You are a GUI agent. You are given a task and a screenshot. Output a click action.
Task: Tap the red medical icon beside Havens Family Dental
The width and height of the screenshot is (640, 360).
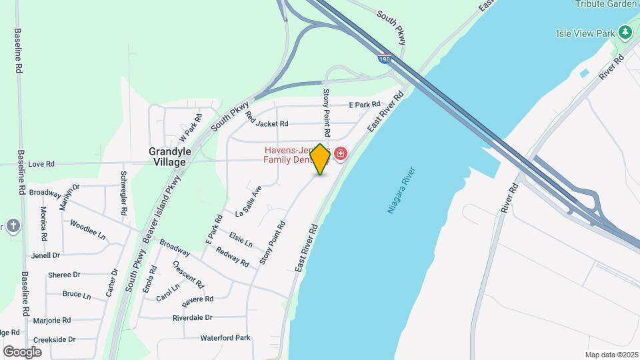coord(341,155)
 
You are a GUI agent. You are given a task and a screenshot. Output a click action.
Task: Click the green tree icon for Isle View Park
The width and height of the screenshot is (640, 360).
coord(625,32)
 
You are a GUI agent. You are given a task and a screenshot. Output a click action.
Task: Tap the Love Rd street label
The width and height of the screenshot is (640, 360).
coord(41,163)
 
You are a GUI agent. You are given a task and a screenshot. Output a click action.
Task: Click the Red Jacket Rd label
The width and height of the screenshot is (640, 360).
coord(267,120)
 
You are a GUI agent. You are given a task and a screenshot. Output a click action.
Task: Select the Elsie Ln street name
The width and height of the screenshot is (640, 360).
coord(240,239)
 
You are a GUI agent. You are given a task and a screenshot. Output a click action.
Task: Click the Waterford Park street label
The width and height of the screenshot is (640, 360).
coord(225,338)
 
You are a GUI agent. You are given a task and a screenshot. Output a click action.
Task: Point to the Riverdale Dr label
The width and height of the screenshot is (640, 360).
coord(192,318)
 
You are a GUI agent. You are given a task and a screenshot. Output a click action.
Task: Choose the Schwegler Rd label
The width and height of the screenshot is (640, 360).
coord(123,193)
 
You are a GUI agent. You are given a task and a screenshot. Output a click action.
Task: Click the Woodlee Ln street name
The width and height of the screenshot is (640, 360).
coord(88,231)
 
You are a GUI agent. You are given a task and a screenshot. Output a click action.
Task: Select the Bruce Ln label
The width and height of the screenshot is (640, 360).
coord(76,294)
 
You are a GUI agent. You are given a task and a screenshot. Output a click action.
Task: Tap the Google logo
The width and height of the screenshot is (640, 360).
coord(22,351)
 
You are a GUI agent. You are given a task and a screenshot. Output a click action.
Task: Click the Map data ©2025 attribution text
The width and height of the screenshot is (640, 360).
coord(611,355)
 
